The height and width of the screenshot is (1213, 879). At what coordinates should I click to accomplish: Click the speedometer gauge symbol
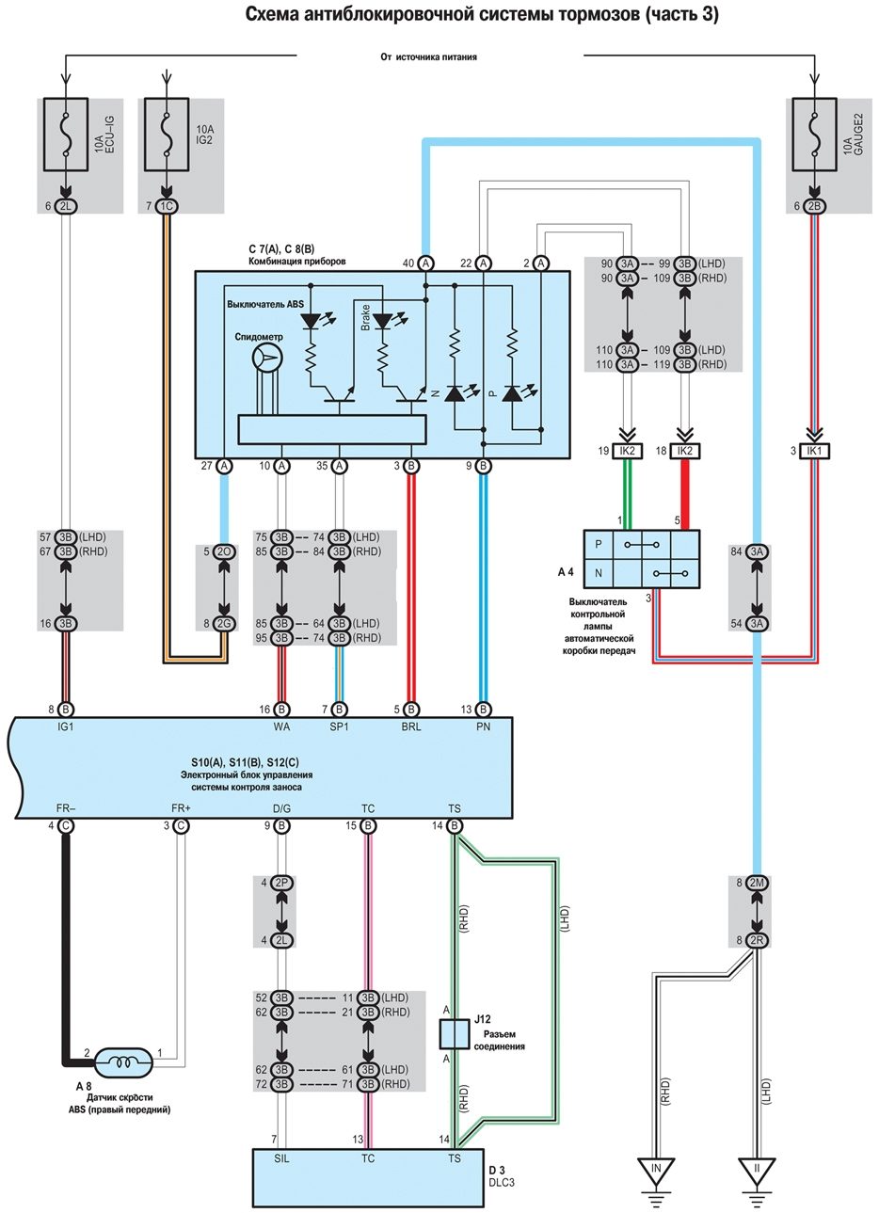tap(267, 358)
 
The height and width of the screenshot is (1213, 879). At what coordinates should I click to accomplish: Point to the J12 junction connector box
tap(455, 1033)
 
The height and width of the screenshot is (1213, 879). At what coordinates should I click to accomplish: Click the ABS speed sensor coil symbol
tap(120, 1062)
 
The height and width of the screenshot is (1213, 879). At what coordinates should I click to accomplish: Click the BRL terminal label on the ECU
tap(410, 726)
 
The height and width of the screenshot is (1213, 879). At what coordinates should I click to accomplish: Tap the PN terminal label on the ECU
tap(483, 726)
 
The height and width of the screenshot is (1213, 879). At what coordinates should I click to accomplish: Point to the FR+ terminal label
tap(181, 808)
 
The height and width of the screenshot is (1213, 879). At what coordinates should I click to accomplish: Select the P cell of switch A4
tap(598, 545)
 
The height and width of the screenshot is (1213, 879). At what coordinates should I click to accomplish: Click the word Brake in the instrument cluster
tap(365, 317)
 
